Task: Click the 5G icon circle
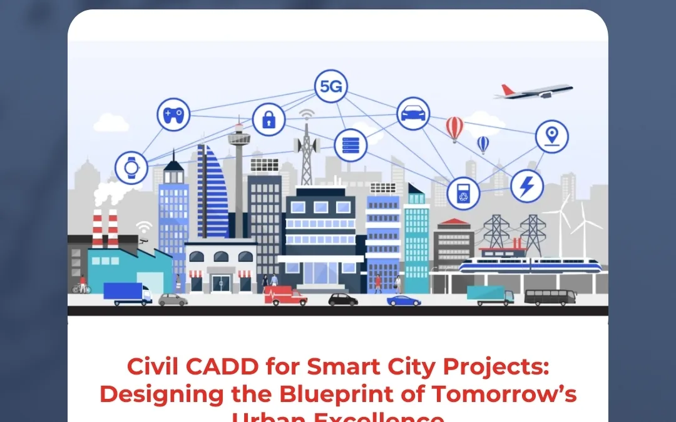tap(330, 86)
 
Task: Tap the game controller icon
tap(173, 114)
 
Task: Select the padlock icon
tap(269, 119)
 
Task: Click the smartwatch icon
tap(131, 168)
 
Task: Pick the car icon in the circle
tap(413, 114)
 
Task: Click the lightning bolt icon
tap(527, 186)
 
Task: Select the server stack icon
tap(350, 146)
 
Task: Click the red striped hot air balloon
tap(455, 128)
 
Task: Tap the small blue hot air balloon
tap(483, 144)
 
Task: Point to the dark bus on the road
tap(550, 297)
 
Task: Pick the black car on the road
tap(343, 299)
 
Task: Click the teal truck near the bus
tap(490, 295)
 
